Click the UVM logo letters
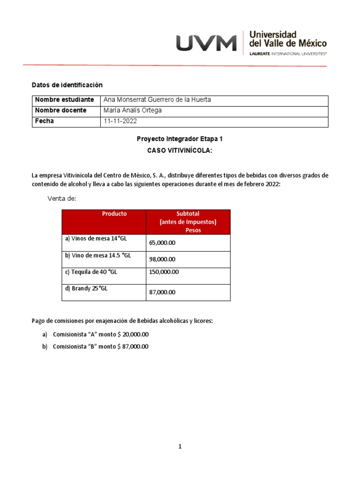tap(206, 44)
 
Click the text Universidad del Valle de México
tap(288, 39)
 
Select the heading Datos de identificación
tap(67, 85)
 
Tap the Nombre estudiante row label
tap(64, 100)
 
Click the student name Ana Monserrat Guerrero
tap(150, 100)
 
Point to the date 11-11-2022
tap(120, 121)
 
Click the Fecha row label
tap(45, 121)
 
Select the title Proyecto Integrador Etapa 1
tap(180, 139)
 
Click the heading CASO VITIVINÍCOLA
tap(180, 150)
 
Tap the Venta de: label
tap(61, 199)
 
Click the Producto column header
tap(114, 214)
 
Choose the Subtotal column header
tap(187, 222)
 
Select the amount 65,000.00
tap(162, 243)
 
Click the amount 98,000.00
tap(162, 259)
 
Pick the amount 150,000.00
tap(164, 272)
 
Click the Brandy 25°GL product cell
tap(86, 289)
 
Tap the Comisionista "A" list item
tap(100, 334)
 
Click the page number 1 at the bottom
tap(180, 447)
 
